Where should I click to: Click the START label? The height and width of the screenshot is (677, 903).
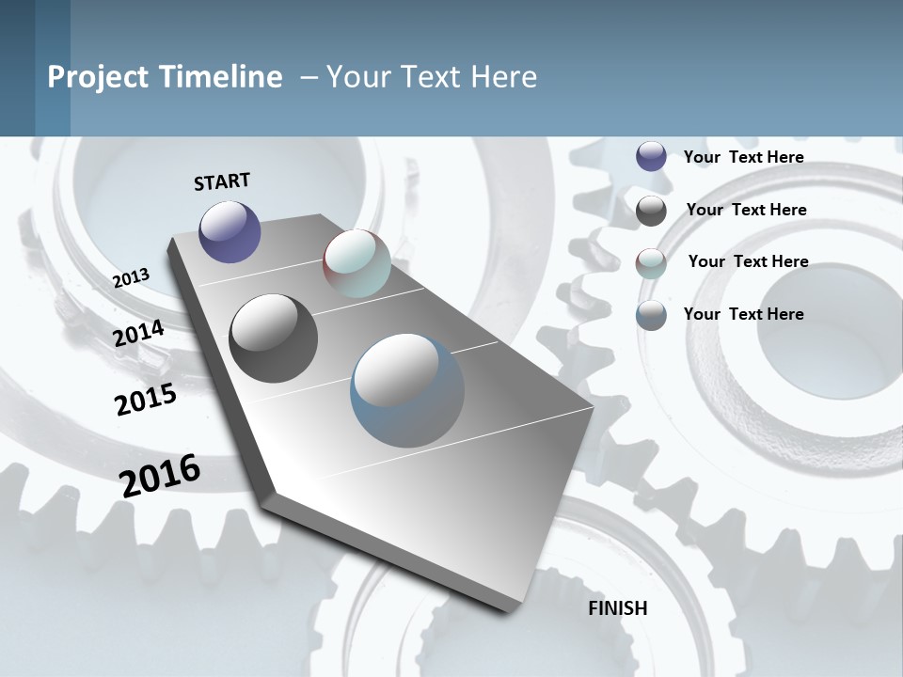click(x=222, y=181)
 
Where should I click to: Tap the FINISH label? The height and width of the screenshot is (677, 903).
click(x=617, y=608)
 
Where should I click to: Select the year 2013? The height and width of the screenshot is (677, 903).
click(x=132, y=278)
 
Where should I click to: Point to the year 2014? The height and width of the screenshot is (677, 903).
click(x=139, y=333)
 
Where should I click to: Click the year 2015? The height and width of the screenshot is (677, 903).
click(x=146, y=400)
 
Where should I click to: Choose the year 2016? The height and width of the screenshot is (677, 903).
click(x=160, y=476)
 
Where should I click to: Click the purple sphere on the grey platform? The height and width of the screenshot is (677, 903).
click(x=230, y=231)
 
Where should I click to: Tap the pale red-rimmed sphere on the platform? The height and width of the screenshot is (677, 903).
click(x=356, y=263)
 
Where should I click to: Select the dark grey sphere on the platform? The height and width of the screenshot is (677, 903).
click(x=273, y=338)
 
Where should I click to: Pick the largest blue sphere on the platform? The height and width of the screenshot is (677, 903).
click(x=407, y=389)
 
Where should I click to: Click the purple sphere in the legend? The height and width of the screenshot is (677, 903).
click(x=651, y=156)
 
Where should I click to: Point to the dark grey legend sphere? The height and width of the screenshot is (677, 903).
click(x=651, y=211)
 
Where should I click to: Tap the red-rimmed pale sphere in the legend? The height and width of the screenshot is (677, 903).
click(x=651, y=262)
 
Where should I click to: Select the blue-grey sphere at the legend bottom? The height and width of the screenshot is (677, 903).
click(x=651, y=315)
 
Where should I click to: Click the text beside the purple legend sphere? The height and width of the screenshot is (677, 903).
click(x=743, y=157)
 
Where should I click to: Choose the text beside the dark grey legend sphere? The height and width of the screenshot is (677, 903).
click(x=746, y=210)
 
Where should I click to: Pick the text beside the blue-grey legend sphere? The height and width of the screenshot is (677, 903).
click(x=743, y=314)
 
